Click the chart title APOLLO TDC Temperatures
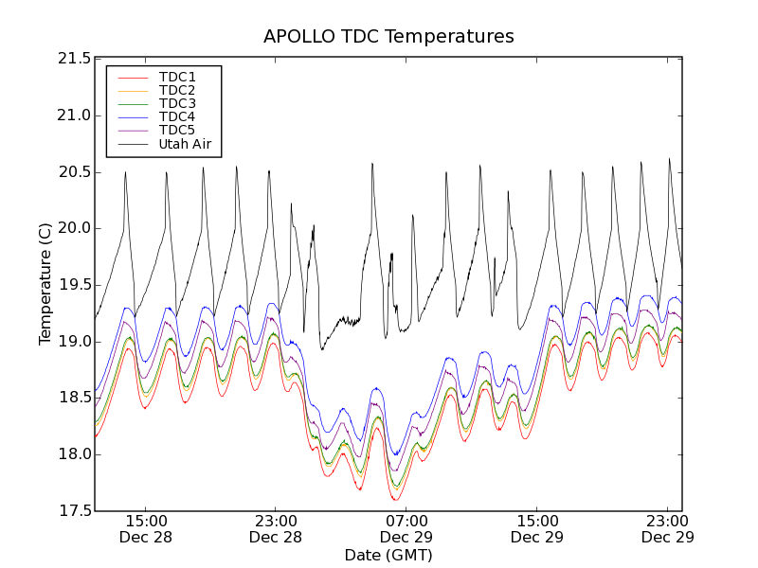point(388,37)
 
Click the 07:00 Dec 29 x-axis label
point(406,528)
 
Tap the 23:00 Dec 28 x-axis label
point(275,528)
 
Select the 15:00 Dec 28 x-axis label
point(145,528)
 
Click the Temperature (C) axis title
point(45,284)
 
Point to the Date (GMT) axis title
point(388,555)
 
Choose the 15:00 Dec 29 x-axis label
point(536,528)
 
